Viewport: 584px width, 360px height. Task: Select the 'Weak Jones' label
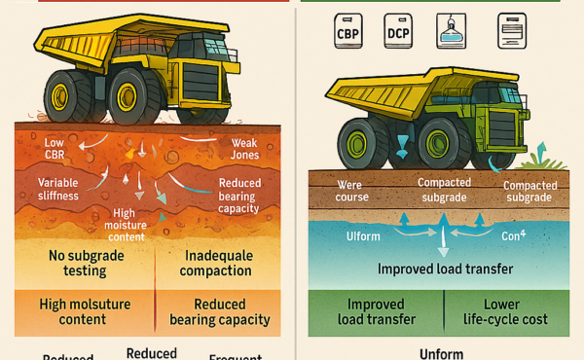coord(243,150)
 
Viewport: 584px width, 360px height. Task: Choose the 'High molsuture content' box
coord(79,311)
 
